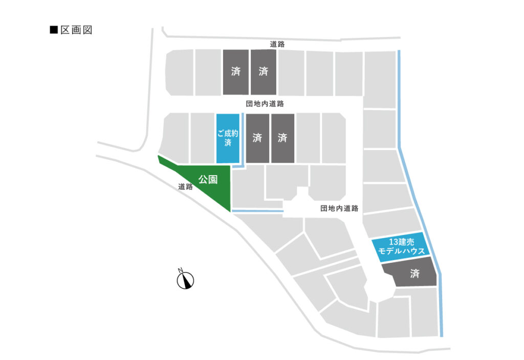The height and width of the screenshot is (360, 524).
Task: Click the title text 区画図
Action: tap(76, 30)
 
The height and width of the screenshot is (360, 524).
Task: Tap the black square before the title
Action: tap(53, 30)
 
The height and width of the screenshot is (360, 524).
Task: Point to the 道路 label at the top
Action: tap(277, 44)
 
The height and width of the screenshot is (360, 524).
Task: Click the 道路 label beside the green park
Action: tap(185, 187)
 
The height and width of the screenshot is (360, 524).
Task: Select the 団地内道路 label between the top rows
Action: tap(264, 104)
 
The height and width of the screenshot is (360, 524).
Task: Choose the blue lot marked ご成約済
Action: tap(228, 138)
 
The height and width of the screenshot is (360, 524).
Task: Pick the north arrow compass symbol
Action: tap(185, 280)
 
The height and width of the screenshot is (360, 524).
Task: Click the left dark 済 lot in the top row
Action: tap(235, 72)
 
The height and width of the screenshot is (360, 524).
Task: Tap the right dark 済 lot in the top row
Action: tap(264, 72)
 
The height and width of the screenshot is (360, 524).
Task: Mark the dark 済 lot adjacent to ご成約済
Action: tap(257, 138)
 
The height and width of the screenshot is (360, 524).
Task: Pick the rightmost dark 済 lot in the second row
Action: tap(283, 138)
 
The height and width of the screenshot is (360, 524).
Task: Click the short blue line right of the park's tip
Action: tap(257, 210)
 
